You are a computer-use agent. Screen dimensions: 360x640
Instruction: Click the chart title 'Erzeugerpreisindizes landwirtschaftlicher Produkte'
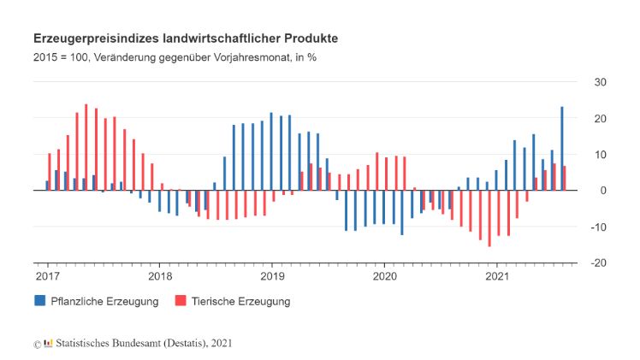(185, 39)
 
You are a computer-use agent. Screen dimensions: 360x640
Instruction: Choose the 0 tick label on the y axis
(603, 191)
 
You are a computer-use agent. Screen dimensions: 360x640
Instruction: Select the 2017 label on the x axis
(48, 276)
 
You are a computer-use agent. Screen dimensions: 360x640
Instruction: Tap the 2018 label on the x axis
(160, 276)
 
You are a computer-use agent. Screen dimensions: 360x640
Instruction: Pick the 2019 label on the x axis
(272, 276)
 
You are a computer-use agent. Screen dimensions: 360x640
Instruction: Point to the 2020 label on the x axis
(384, 276)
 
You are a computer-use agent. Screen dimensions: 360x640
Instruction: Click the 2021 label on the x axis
(497, 276)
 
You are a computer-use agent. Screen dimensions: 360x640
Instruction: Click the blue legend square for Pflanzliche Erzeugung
(40, 301)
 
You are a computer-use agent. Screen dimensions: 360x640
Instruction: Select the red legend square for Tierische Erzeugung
(181, 301)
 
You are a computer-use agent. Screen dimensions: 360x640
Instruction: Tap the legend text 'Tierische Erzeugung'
(241, 301)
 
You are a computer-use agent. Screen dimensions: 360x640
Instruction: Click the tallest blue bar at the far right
(562, 148)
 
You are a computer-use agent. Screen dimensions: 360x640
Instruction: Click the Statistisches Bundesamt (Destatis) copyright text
(138, 343)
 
